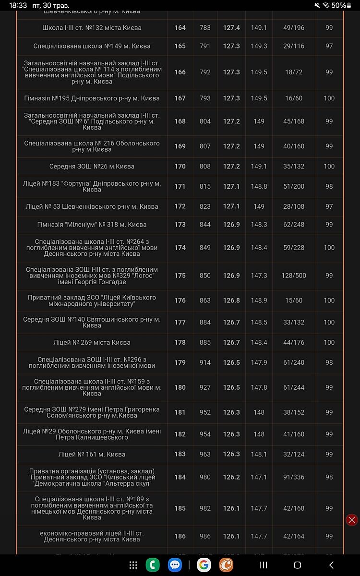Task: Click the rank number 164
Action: [180, 28]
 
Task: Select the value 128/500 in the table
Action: [294, 276]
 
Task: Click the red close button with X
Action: [352, 520]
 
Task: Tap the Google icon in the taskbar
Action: [204, 565]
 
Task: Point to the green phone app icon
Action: [153, 565]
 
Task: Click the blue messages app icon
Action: [175, 565]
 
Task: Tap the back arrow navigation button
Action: [331, 565]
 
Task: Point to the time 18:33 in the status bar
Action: [18, 5]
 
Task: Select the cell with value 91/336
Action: [294, 477]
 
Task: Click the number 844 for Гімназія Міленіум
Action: [205, 225]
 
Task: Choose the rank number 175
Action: [180, 276]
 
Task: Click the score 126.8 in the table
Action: [231, 300]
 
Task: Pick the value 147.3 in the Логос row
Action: [259, 276]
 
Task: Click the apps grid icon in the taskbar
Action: [133, 565]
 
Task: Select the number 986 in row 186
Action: [205, 536]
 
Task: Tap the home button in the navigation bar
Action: [297, 565]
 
